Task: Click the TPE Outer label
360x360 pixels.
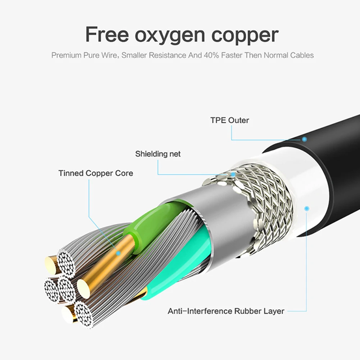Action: tap(229, 120)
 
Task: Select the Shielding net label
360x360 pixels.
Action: tap(158, 154)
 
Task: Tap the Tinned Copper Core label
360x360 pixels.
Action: tap(96, 173)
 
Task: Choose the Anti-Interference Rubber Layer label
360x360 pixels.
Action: tap(226, 311)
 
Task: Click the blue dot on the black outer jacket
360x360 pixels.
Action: tap(305, 139)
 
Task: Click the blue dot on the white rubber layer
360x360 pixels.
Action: tap(306, 208)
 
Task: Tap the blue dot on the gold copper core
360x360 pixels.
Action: tap(118, 253)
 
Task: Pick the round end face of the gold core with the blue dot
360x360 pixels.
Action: tap(84, 288)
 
